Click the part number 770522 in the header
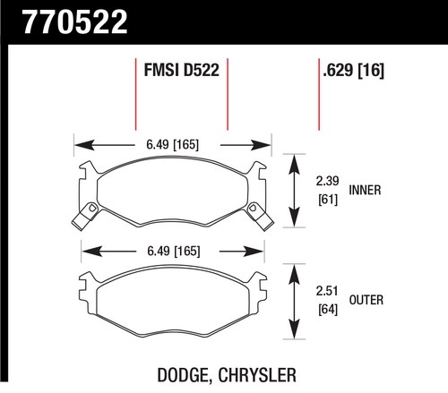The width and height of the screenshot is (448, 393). (x=75, y=21)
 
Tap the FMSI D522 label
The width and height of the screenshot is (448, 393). (x=182, y=70)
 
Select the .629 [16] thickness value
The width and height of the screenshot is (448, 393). (x=353, y=71)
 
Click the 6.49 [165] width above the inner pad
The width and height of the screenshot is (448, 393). (x=172, y=144)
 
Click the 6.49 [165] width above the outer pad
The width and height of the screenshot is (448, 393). (x=174, y=251)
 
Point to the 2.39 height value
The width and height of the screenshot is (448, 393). (x=328, y=181)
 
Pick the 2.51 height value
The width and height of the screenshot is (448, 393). (x=327, y=291)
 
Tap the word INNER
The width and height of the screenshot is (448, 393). (x=365, y=190)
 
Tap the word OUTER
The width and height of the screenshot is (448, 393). (x=366, y=300)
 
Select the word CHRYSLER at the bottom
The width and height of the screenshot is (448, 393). (x=257, y=375)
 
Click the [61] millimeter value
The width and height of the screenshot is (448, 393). (x=328, y=200)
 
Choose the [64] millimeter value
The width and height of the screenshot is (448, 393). (x=328, y=309)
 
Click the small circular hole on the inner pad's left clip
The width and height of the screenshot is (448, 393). (x=92, y=207)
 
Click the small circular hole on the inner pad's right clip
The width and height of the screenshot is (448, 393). (x=254, y=207)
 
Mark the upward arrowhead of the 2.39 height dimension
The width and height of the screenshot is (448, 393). (x=295, y=164)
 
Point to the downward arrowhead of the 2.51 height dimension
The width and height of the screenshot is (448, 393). (x=295, y=329)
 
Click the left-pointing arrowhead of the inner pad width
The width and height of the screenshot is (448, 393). (x=84, y=145)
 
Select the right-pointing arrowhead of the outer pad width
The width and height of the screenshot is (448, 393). (x=254, y=252)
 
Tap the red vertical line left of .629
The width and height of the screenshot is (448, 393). (x=319, y=94)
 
